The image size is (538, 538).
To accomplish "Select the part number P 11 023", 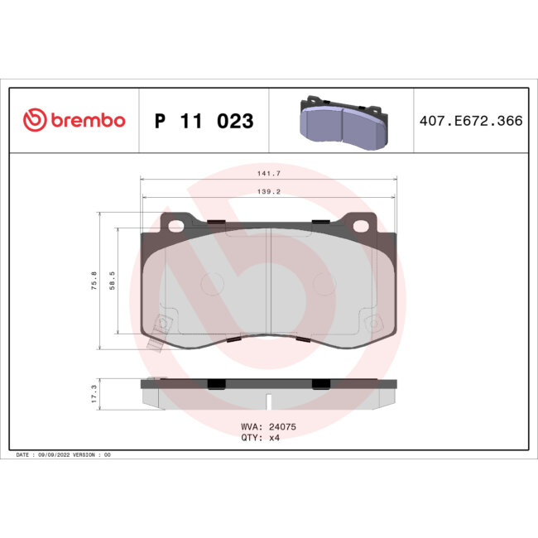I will coord(204,121).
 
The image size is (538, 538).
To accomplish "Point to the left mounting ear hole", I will coord(175,224).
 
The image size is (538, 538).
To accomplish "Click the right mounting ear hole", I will coord(363,224).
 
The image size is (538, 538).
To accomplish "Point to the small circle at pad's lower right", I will coord(373,321).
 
